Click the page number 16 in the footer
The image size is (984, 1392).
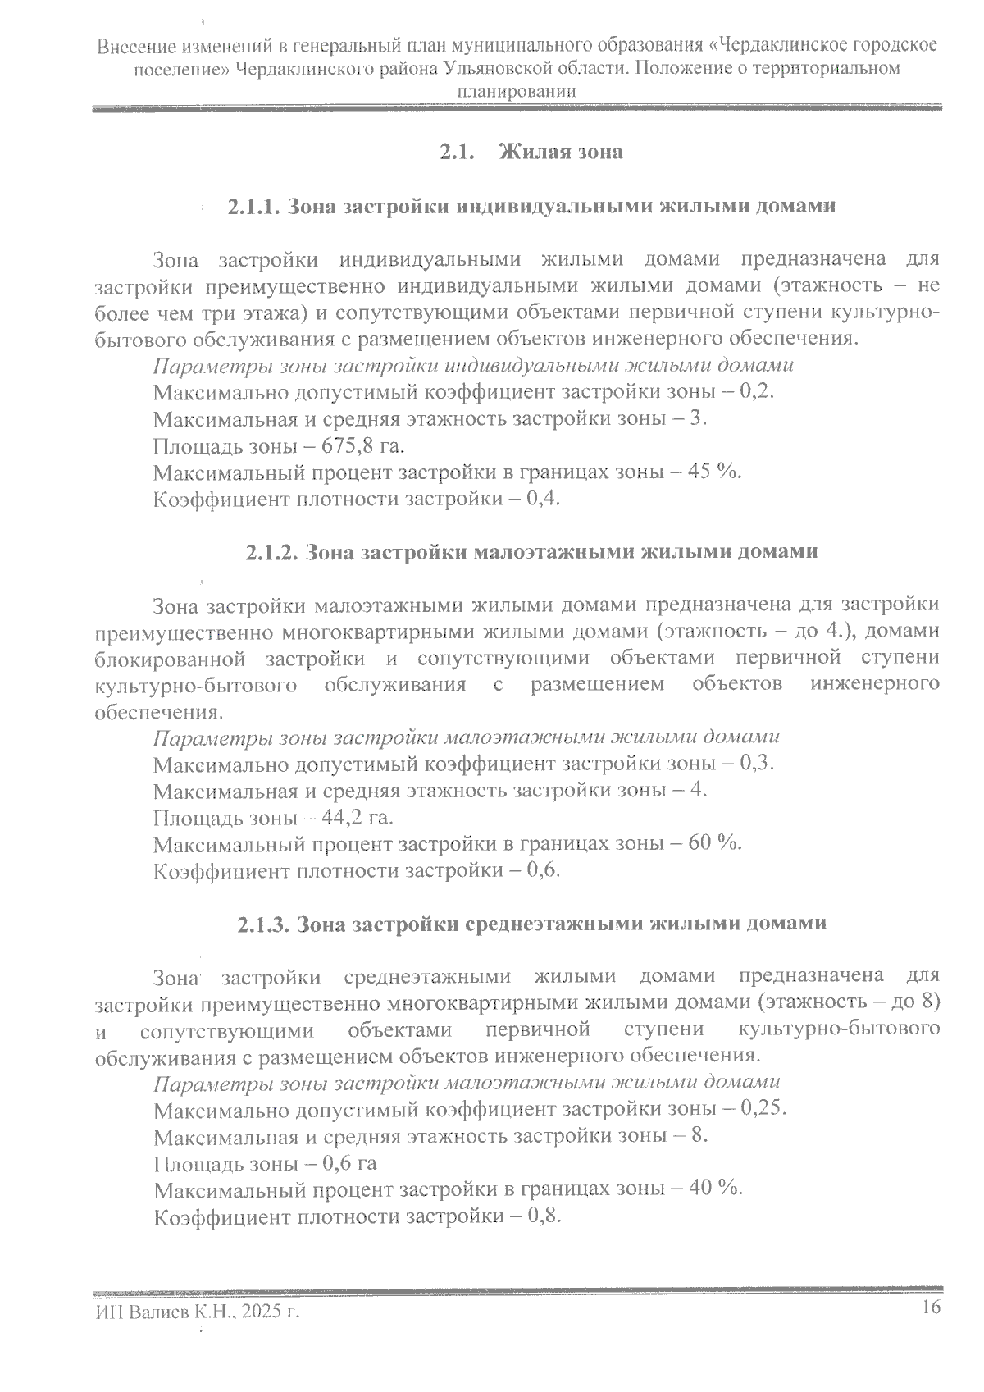930,1308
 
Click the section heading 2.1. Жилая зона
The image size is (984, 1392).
531,153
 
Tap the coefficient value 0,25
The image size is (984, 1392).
762,1110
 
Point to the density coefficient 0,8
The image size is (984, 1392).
545,1216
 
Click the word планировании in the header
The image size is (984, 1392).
516,92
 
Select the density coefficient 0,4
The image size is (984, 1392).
545,499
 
